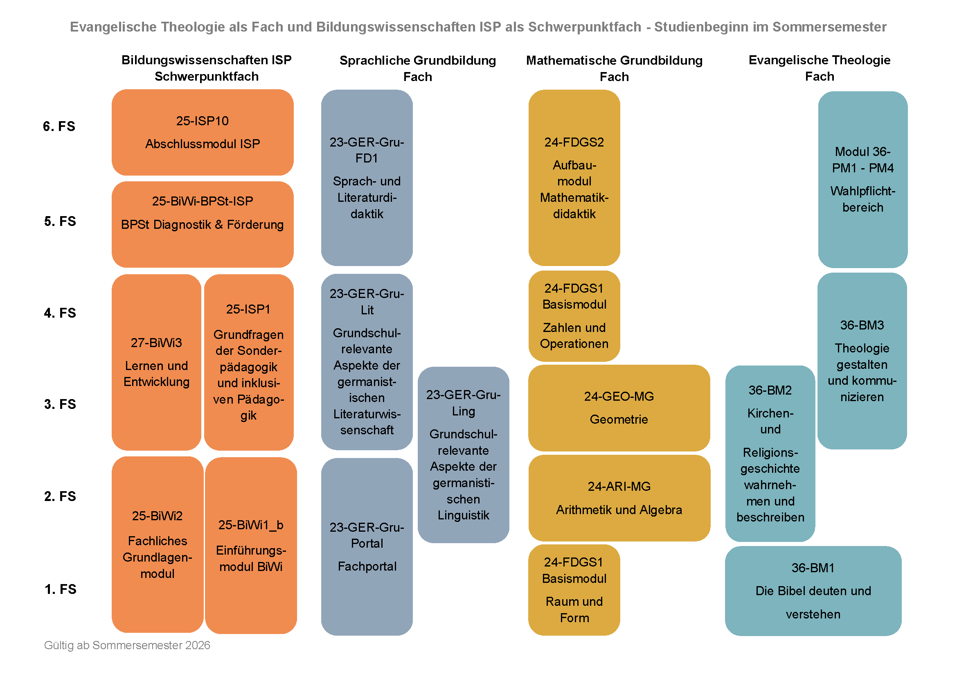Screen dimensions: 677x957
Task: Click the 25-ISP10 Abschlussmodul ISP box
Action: click(203, 132)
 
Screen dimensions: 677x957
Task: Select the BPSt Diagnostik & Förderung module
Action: click(203, 224)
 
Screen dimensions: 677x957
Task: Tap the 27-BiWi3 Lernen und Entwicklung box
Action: click(156, 362)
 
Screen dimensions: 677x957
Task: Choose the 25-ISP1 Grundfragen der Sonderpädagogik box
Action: click(249, 362)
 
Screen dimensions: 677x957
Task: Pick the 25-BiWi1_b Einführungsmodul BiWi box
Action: click(251, 545)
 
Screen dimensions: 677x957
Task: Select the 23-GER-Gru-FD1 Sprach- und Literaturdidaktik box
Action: click(367, 178)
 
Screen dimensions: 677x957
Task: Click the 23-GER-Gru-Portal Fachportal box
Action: click(367, 546)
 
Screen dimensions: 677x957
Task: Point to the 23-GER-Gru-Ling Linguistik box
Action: click(463, 454)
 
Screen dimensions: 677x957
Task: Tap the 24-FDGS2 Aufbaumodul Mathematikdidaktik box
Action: click(574, 178)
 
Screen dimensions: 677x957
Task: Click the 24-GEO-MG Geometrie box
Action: click(619, 408)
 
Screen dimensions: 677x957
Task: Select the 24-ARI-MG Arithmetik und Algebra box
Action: click(619, 498)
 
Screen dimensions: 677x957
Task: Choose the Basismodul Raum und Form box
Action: click(574, 589)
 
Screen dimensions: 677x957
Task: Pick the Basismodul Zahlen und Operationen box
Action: click(574, 316)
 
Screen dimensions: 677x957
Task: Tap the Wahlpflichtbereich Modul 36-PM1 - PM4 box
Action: click(862, 179)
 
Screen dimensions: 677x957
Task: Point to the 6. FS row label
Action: click(59, 126)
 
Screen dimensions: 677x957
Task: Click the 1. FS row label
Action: click(61, 589)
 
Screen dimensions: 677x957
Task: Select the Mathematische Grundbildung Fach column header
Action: click(614, 68)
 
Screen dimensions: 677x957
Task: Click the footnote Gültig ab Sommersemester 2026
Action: click(127, 645)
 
